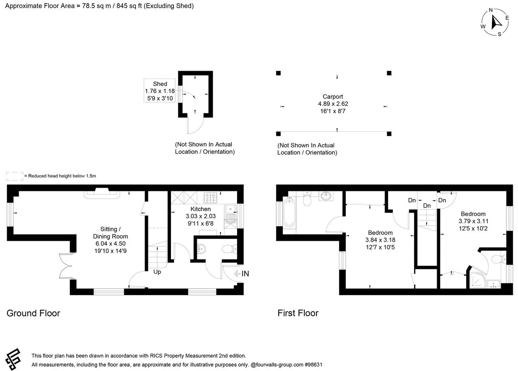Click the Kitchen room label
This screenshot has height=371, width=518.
(x=200, y=209)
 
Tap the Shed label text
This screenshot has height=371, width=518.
(x=160, y=84)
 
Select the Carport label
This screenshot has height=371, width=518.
(x=333, y=97)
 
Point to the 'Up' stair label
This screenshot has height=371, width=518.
(x=157, y=272)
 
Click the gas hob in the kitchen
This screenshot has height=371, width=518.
(x=211, y=198)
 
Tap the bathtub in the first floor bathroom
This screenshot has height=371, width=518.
(x=289, y=212)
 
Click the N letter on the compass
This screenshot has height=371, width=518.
(x=490, y=10)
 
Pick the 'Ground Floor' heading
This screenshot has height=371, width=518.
(x=33, y=313)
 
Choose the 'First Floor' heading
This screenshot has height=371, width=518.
(x=298, y=313)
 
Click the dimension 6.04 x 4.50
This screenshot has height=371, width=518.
(x=111, y=243)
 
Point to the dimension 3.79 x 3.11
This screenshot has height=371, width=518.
(x=473, y=221)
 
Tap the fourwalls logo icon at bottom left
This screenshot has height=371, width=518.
(x=13, y=359)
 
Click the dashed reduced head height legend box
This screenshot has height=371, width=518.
(x=15, y=176)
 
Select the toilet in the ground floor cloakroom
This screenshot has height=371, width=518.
(x=229, y=249)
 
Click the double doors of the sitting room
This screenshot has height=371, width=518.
(x=66, y=266)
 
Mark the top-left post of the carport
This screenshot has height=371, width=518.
(x=278, y=73)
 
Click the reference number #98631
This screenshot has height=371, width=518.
(x=313, y=365)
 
